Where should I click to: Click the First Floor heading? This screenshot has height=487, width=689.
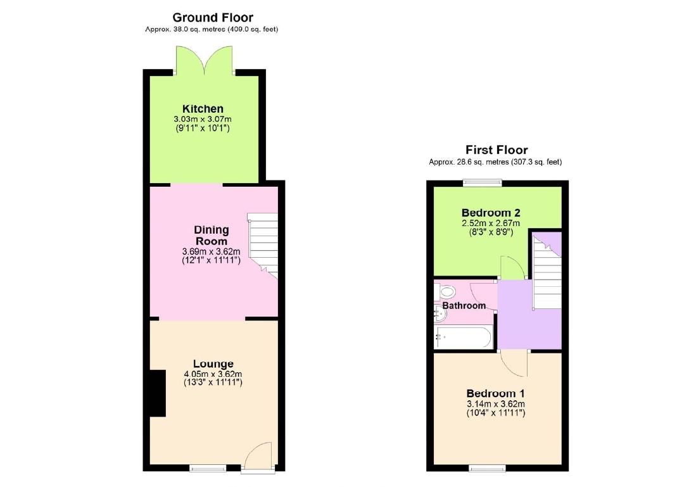coord(496,150)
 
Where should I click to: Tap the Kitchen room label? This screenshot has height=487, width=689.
coord(203,109)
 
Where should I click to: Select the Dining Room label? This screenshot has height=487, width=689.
coord(212,235)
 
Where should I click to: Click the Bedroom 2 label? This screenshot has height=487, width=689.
coord(491,213)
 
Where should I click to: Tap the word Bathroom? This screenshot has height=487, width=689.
coord(464,306)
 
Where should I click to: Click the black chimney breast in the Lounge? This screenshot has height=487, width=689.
coord(156,393)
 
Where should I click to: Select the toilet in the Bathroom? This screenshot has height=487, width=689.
coord(446,291)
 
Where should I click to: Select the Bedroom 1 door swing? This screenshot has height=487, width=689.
coord(513,364)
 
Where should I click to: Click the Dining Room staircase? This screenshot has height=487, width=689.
coord(262,244)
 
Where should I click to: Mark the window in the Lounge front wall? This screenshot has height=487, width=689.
coord(208,468)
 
